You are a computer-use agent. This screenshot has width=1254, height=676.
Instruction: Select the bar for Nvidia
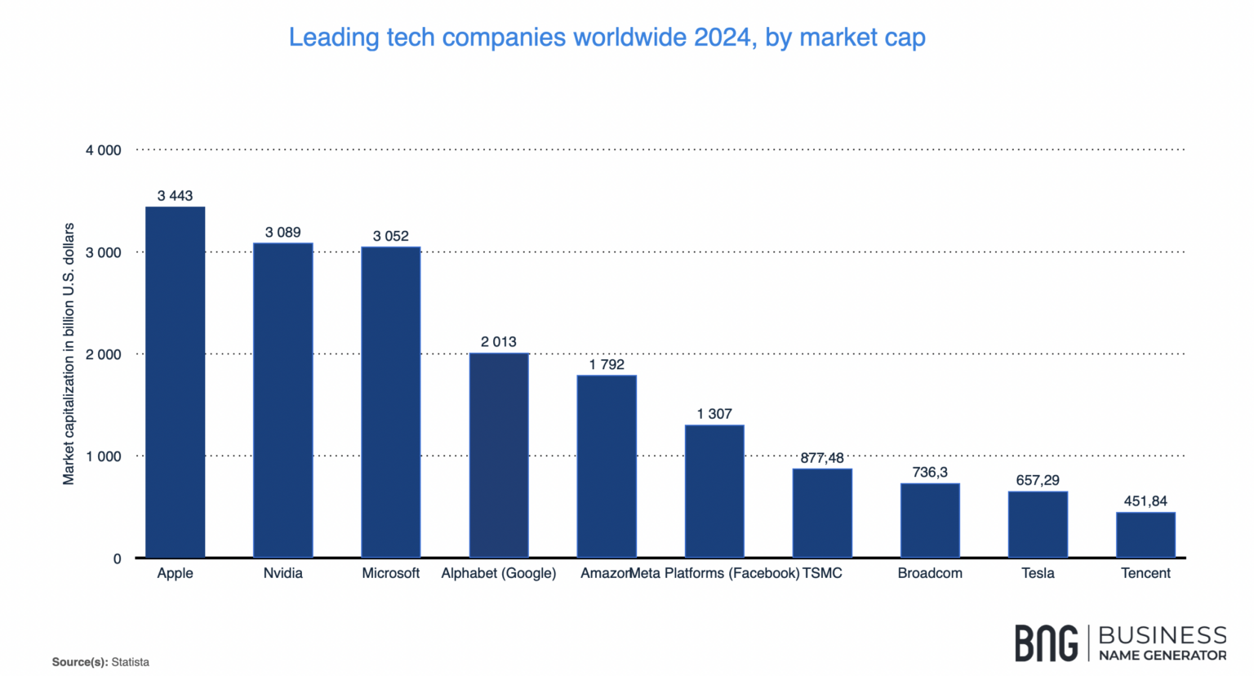click(283, 400)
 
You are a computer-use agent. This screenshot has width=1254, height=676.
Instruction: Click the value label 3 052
click(391, 236)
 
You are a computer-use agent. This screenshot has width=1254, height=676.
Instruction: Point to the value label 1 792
click(607, 364)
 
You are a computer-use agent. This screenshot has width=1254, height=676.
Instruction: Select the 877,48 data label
click(822, 458)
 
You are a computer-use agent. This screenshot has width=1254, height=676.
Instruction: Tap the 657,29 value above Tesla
click(1038, 480)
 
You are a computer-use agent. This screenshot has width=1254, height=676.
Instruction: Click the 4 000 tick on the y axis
click(104, 150)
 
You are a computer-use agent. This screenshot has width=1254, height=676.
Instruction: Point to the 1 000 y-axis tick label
click(104, 456)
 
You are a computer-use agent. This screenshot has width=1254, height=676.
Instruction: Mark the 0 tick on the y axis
click(117, 558)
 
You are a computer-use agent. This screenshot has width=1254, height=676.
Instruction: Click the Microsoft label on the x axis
click(391, 573)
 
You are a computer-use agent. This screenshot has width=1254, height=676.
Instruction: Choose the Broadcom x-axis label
click(930, 573)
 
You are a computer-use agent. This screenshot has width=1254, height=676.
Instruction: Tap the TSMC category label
click(823, 573)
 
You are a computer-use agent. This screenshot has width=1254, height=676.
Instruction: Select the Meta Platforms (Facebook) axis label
click(715, 573)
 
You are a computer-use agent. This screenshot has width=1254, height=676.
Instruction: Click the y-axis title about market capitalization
click(69, 354)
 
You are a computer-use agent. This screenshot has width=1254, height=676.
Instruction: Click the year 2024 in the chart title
click(725, 38)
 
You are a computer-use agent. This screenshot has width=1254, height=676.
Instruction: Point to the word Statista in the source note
click(131, 662)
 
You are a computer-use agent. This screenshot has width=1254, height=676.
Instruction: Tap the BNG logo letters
click(1046, 643)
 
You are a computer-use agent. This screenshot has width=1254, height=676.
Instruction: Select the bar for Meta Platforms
click(714, 491)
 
